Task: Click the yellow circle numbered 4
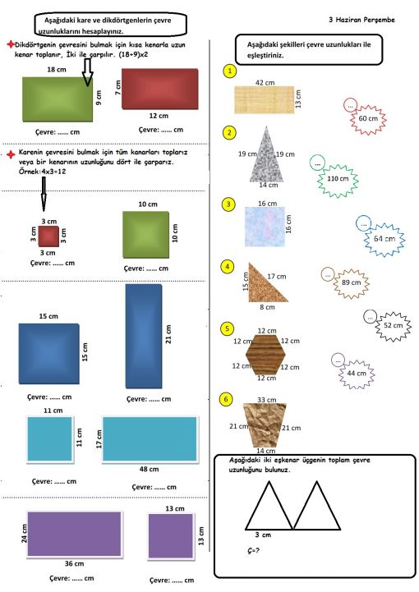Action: (x=227, y=267)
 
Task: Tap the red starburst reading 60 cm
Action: (x=367, y=119)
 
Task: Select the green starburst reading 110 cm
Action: (x=338, y=180)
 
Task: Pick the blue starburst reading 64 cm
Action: (x=384, y=240)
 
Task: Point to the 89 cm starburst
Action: (x=351, y=283)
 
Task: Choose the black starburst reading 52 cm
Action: (x=393, y=326)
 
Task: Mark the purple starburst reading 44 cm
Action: (x=357, y=374)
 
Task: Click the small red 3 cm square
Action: (x=48, y=236)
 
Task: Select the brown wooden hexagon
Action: (x=266, y=355)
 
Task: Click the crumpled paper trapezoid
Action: (x=265, y=425)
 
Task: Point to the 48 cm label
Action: (x=149, y=470)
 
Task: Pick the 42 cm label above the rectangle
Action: (x=265, y=82)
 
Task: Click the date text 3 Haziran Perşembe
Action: (x=361, y=20)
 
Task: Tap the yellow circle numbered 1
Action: (x=230, y=71)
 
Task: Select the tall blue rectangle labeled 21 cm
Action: (x=144, y=337)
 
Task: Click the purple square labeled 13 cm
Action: (x=171, y=536)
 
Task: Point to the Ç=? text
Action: (x=253, y=551)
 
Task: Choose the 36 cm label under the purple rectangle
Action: (x=74, y=564)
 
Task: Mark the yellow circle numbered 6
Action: (x=226, y=399)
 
